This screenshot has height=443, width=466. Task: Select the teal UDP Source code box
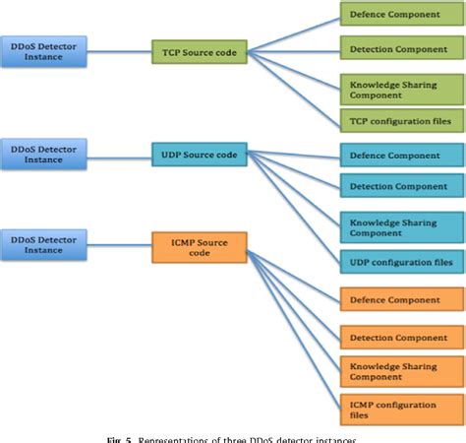click(200, 154)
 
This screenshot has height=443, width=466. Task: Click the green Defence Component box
click(402, 16)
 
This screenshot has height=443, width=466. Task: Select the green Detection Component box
click(402, 47)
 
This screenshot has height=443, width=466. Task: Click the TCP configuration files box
click(402, 120)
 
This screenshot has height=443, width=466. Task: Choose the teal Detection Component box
click(402, 185)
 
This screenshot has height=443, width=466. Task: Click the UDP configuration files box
click(402, 262)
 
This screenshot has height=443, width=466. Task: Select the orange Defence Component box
click(402, 299)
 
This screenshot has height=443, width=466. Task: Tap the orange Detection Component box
click(402, 338)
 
